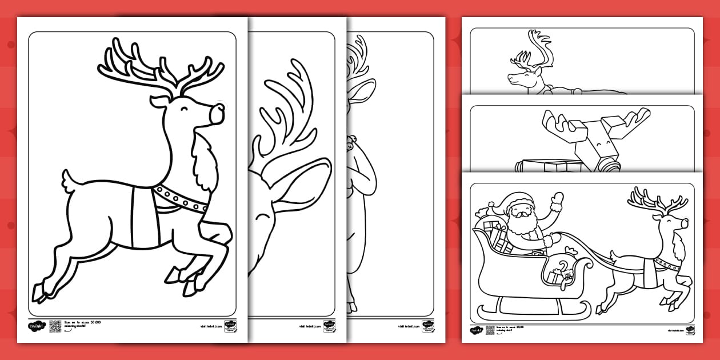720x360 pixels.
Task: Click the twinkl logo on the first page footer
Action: click(36, 326)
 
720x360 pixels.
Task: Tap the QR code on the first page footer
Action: click(55, 326)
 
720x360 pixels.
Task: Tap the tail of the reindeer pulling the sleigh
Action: click(614, 254)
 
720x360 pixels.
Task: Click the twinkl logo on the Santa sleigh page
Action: click(476, 330)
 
